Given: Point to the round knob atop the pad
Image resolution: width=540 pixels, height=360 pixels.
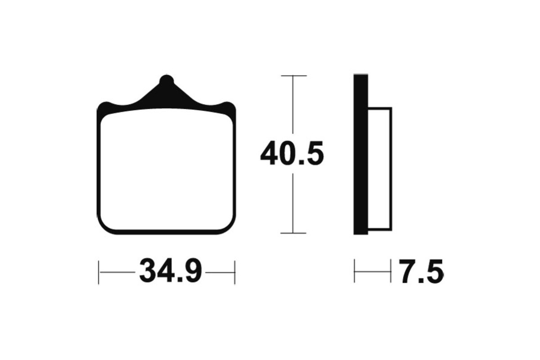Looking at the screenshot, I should pyautogui.click(x=166, y=81).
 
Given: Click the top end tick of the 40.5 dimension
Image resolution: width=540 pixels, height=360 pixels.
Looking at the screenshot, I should pyautogui.click(x=293, y=76).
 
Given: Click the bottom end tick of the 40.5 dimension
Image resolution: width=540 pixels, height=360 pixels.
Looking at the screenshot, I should pyautogui.click(x=293, y=233).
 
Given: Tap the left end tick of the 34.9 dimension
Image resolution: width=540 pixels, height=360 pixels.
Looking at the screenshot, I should pyautogui.click(x=99, y=272).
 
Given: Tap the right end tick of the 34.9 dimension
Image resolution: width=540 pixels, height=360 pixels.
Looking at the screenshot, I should pyautogui.click(x=235, y=272).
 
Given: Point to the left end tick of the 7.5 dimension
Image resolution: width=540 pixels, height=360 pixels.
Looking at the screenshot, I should pyautogui.click(x=355, y=271).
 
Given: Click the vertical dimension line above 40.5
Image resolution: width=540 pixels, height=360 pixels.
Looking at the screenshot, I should pyautogui.click(x=293, y=108).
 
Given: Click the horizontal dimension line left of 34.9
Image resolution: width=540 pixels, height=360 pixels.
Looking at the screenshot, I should pyautogui.click(x=117, y=272).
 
